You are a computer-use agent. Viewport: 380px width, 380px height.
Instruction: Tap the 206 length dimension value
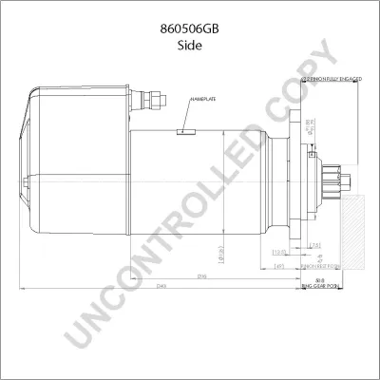pos(175,277)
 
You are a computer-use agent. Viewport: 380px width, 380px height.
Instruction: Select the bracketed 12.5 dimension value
pos(278,253)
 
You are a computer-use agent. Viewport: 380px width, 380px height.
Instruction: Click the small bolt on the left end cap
pos(32,94)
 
